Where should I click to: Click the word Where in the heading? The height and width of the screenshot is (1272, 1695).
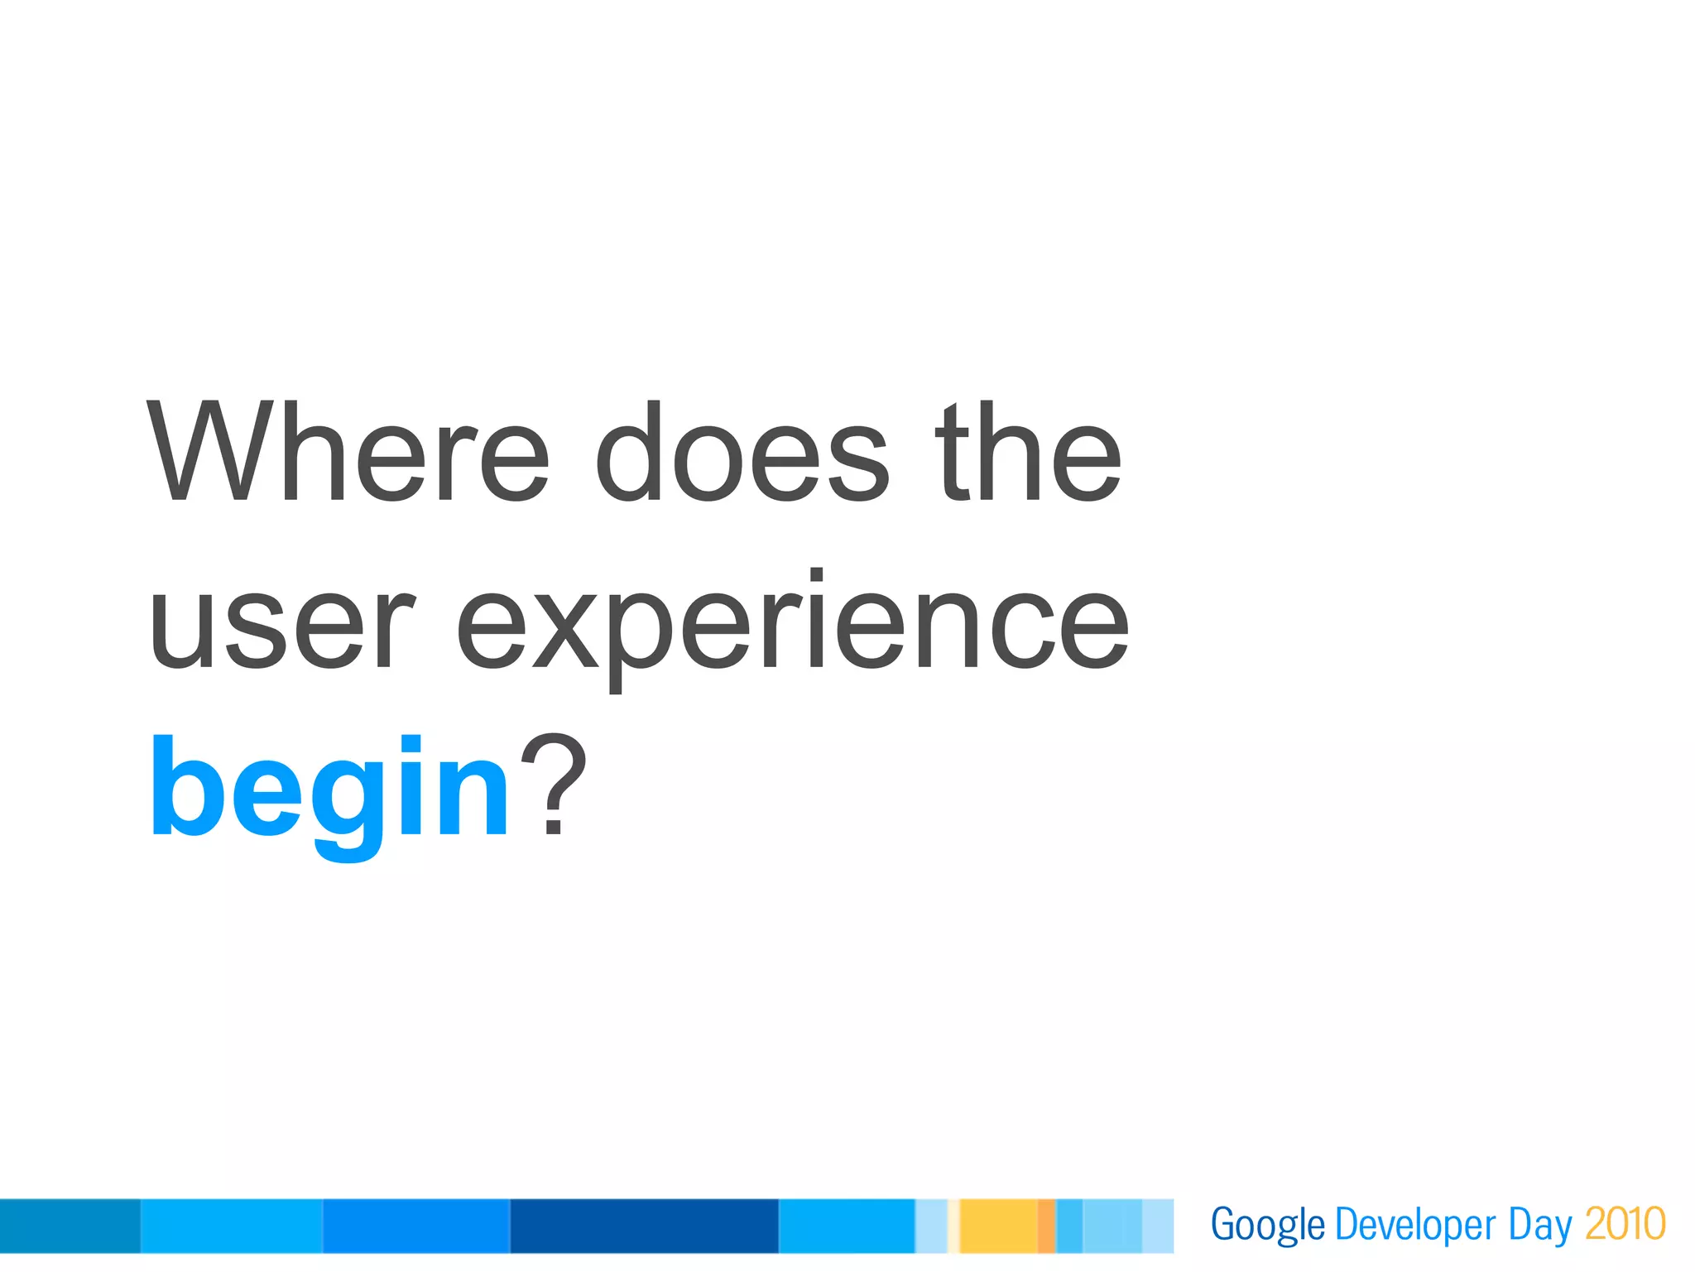[348, 454]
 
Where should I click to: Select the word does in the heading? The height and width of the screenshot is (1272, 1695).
[742, 454]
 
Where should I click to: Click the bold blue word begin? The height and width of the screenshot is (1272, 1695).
[329, 790]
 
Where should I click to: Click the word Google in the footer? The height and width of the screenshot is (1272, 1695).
[1267, 1225]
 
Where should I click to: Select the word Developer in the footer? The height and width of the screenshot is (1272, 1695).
[1415, 1225]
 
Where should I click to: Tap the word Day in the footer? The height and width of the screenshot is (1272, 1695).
[1539, 1225]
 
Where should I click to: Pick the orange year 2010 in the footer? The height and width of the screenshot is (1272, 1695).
[1625, 1225]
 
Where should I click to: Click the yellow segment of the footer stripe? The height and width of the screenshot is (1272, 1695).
[998, 1226]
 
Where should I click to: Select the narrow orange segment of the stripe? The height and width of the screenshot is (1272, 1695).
[1046, 1226]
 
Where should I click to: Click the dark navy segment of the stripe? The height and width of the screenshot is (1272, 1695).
[644, 1226]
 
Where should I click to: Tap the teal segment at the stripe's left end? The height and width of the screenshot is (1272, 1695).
[70, 1226]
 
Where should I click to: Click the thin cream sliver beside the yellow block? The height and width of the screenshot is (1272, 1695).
[953, 1226]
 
